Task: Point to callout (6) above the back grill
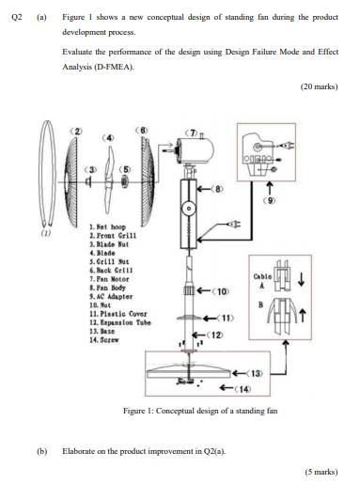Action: [144, 128]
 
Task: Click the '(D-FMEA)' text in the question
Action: [111, 67]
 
